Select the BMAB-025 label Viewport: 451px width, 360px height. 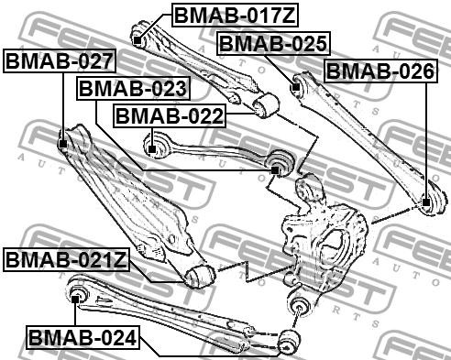[x=273, y=43]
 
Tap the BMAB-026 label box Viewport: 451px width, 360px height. [x=379, y=71]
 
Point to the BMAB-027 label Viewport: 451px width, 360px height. [x=60, y=61]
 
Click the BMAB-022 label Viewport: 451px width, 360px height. [x=168, y=116]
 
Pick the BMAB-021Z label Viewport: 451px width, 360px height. [x=65, y=259]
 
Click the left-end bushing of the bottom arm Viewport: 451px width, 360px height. [x=79, y=293]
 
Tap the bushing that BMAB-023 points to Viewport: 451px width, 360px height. [x=280, y=166]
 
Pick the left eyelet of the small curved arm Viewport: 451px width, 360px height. [x=155, y=144]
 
